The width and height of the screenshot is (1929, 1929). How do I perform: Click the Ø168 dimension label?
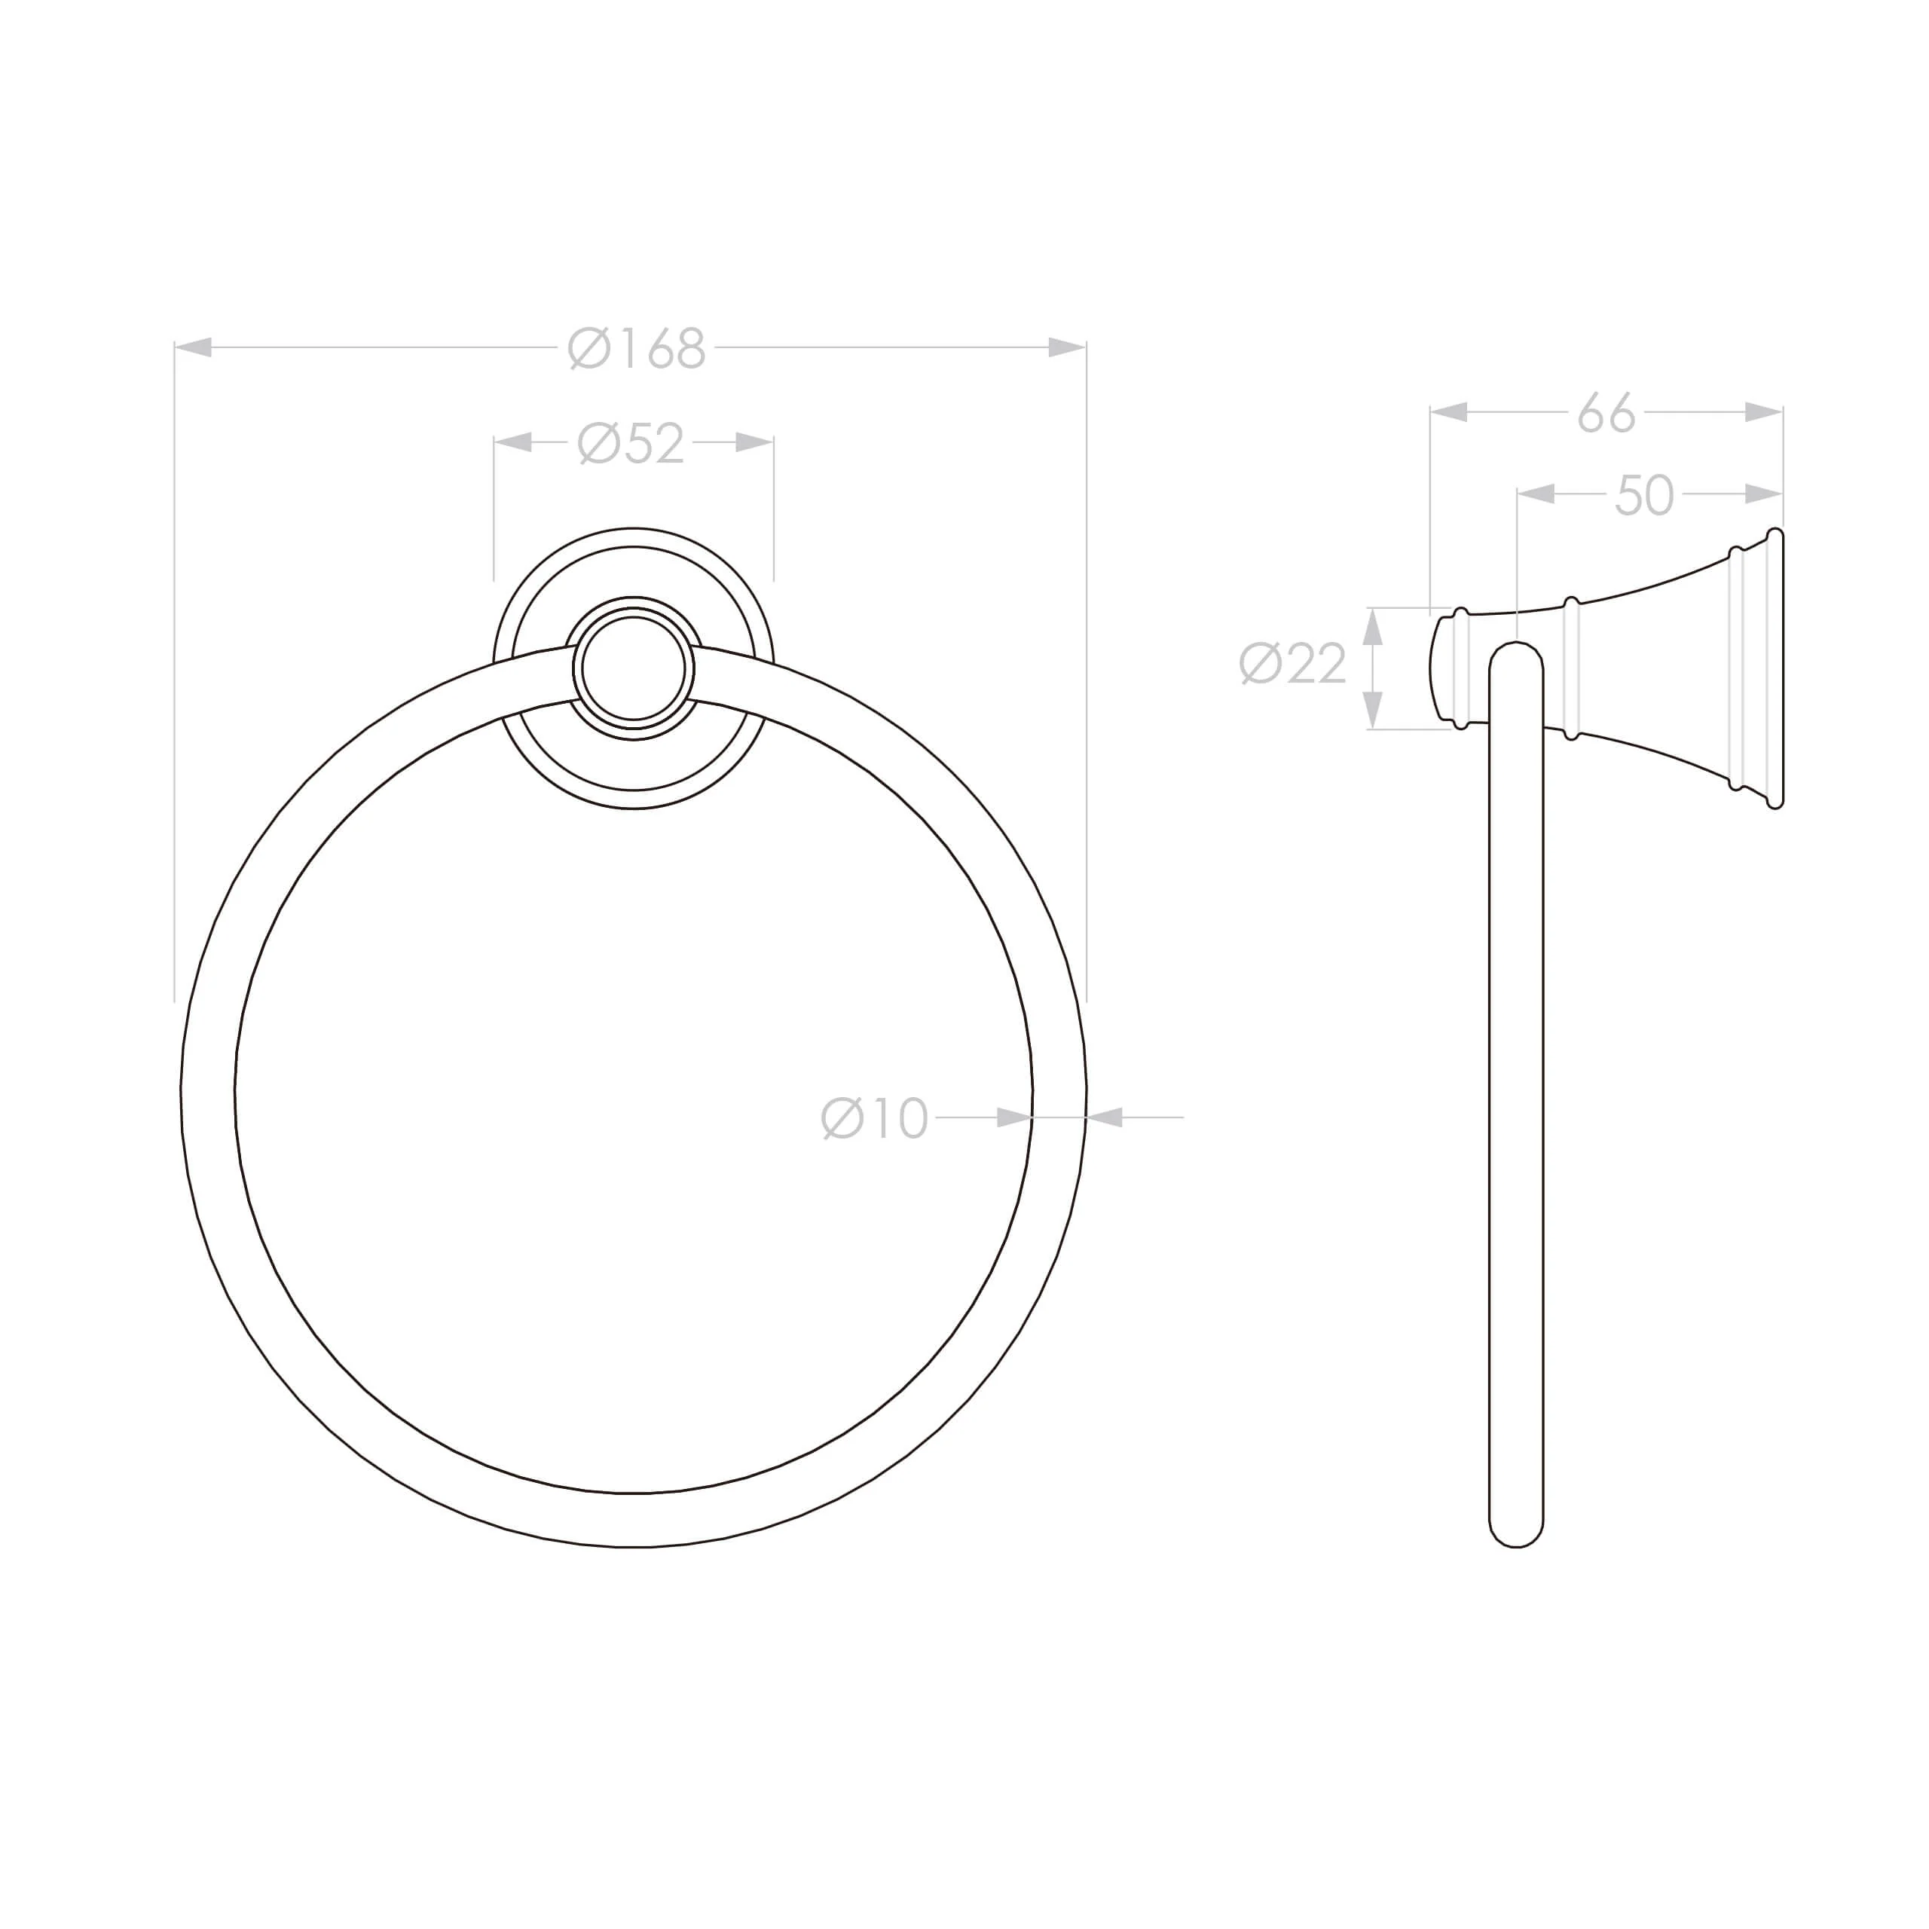click(637, 348)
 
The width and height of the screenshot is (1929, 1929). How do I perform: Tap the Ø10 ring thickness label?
click(875, 1118)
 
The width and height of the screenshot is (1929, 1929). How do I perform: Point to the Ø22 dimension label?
click(1293, 663)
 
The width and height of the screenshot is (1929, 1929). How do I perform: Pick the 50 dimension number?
click(1644, 494)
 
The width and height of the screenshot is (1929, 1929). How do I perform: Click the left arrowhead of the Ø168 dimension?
click(194, 347)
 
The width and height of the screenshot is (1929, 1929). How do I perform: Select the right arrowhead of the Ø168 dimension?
click(1067, 347)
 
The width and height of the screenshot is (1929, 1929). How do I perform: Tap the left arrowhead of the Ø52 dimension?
click(513, 442)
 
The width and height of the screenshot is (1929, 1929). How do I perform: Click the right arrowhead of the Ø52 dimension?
click(755, 442)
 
